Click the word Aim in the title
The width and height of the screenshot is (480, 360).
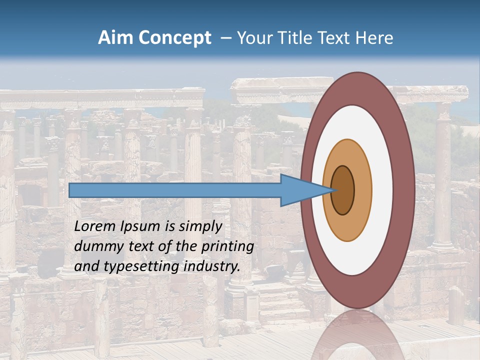[116, 38]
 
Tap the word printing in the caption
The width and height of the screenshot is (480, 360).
[227, 247]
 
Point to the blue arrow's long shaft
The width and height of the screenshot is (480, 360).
[175, 190]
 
